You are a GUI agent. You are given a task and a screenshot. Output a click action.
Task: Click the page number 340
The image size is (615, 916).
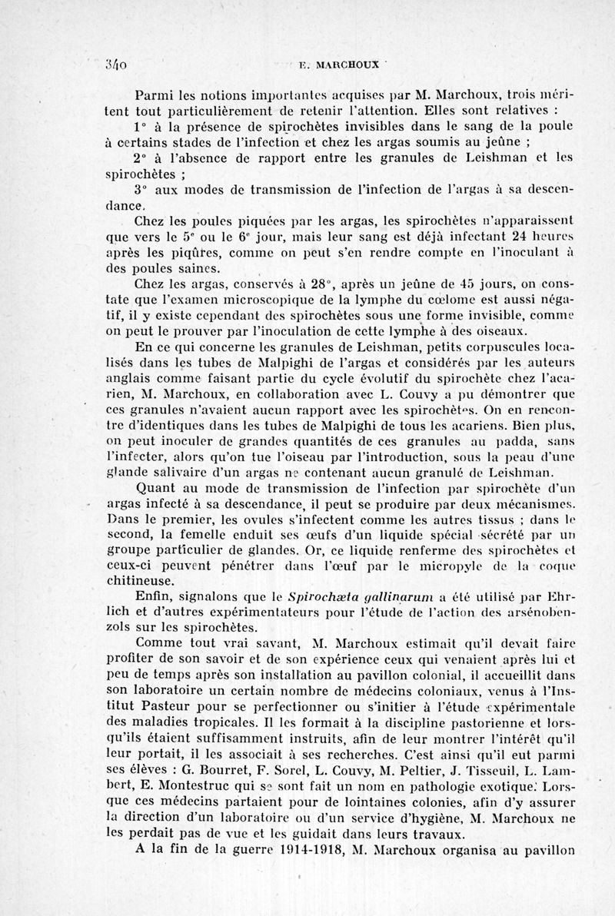[x=115, y=65]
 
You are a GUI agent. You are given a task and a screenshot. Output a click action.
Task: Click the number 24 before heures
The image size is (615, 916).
[x=480, y=240]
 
